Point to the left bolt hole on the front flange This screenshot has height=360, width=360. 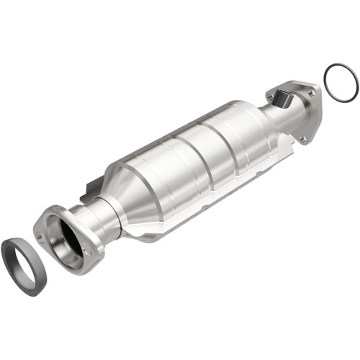41,238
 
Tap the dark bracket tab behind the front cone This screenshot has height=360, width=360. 89,191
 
